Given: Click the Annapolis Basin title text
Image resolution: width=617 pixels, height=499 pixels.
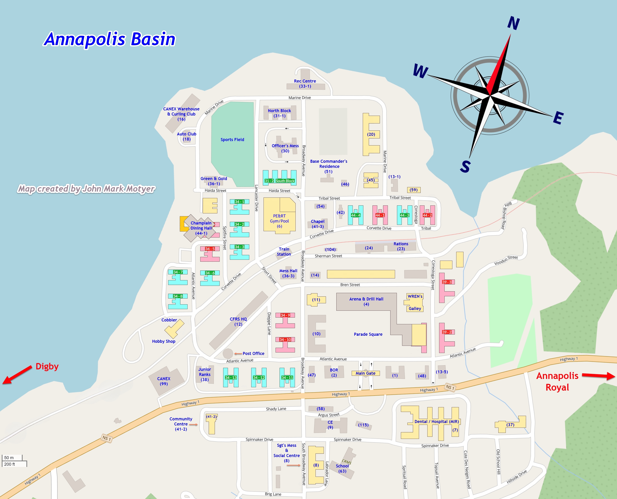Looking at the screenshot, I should pyautogui.click(x=109, y=39).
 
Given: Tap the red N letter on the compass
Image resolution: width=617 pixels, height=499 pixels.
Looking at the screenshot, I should pyautogui.click(x=513, y=23).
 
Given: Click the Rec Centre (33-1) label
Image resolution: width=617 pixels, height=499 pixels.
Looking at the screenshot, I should pyautogui.click(x=305, y=84).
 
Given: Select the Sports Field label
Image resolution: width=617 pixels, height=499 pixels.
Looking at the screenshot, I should pyautogui.click(x=232, y=140).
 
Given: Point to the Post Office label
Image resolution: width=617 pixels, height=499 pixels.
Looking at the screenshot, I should pyautogui.click(x=253, y=354).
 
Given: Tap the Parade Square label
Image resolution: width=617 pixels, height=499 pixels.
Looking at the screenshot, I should pyautogui.click(x=368, y=334).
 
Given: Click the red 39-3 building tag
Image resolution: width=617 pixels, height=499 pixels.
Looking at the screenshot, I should pyautogui.click(x=447, y=282).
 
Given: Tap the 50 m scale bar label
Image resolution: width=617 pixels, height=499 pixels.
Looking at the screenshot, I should pyautogui.click(x=9, y=458).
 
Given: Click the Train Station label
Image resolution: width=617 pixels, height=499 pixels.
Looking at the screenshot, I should pyautogui.click(x=284, y=252).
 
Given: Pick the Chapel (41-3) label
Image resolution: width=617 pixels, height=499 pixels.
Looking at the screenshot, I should pyautogui.click(x=317, y=224).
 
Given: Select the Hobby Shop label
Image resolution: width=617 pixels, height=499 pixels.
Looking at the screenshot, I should pyautogui.click(x=164, y=342).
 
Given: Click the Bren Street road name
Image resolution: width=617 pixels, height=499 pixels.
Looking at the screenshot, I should pyautogui.click(x=350, y=285).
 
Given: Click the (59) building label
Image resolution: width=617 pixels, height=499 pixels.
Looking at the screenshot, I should pyautogui.click(x=414, y=190).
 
